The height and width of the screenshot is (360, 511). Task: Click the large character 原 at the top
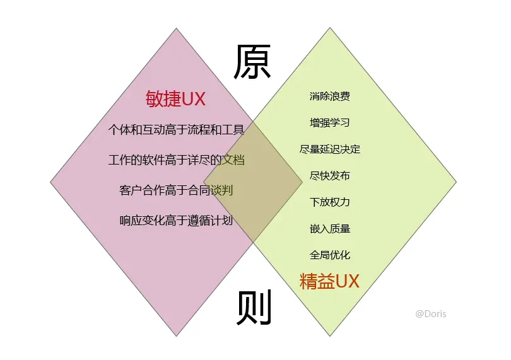coord(252,62)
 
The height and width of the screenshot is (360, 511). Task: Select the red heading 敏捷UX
coord(176,99)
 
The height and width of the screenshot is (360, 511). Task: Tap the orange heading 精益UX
coord(329,281)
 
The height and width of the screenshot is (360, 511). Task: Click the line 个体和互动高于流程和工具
coord(176,129)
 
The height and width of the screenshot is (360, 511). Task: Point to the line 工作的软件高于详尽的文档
coord(176,160)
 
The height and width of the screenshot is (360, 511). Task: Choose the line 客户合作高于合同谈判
coord(176,190)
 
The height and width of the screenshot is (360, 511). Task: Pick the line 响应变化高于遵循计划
coord(176,221)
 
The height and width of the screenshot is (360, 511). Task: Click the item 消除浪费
coord(329,96)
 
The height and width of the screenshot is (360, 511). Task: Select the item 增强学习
coord(329,122)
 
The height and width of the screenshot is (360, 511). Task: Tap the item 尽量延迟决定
coord(329,149)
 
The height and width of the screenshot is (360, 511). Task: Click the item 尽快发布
coord(329,175)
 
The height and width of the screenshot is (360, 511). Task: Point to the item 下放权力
coord(329,202)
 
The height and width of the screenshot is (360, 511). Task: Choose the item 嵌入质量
coord(329,228)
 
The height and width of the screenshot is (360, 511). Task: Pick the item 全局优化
coord(329,255)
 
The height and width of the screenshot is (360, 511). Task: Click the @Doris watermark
coord(430,313)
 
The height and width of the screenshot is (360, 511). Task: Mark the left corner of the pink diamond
coord(51,183)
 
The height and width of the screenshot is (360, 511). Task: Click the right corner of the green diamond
coord(456,183)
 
